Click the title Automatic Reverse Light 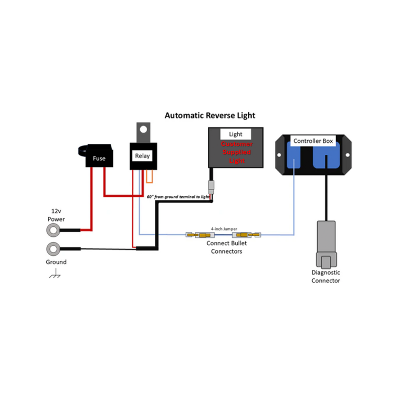coord(210,115)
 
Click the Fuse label coord(99,158)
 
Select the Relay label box coord(142,156)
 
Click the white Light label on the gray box coord(236,134)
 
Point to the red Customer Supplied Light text coord(236,152)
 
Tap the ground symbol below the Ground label coord(55,275)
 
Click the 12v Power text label coord(56,215)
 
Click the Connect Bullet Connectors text coord(227,247)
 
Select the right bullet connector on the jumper coord(250,235)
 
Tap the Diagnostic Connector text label coord(326,276)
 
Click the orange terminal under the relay coord(150,176)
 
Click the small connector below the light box coord(211,186)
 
